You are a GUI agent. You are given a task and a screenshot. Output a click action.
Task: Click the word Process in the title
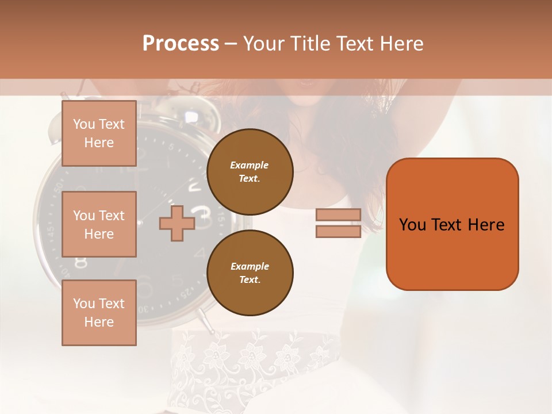(x=181, y=44)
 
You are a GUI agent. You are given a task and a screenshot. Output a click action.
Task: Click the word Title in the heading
(x=309, y=44)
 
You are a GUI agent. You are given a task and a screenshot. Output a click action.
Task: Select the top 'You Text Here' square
(x=99, y=133)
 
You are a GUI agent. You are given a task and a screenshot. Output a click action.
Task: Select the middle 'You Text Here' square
(x=99, y=224)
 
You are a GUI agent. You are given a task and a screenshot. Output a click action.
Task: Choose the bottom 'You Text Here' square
(x=99, y=313)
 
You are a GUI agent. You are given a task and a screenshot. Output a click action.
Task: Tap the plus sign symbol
(x=177, y=224)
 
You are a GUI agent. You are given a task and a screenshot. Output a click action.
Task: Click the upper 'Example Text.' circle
(x=250, y=172)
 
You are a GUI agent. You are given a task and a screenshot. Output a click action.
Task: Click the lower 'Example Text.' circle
(x=250, y=273)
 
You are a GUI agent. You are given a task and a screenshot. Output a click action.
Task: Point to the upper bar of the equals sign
(x=338, y=215)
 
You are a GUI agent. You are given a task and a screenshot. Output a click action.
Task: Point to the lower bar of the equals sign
(x=338, y=232)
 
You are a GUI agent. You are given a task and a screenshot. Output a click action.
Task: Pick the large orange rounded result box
(x=452, y=224)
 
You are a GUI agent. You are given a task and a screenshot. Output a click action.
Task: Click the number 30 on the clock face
(x=143, y=309)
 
